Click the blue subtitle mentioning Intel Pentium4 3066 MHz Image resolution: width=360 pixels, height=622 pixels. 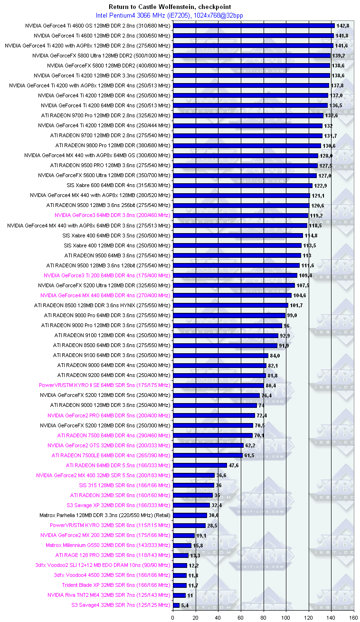[176, 16]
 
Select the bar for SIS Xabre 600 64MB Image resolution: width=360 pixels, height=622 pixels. [242, 185]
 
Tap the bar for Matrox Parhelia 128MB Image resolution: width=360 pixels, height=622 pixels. [189, 515]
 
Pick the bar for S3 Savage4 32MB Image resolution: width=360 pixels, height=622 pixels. [176, 605]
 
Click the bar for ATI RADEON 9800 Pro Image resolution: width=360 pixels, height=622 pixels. [247, 145]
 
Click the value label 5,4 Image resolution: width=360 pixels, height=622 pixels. [185, 605]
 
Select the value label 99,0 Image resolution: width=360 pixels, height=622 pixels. [293, 315]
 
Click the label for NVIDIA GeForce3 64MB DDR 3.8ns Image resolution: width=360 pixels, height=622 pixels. [112, 215]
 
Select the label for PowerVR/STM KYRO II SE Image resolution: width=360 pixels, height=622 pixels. [104, 385]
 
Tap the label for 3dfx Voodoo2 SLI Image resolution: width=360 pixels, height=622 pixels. [103, 565]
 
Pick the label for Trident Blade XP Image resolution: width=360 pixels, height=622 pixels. [109, 585]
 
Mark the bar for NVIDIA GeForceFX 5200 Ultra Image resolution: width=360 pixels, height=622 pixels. [233, 285]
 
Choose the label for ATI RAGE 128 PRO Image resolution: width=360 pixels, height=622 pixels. [113, 555]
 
